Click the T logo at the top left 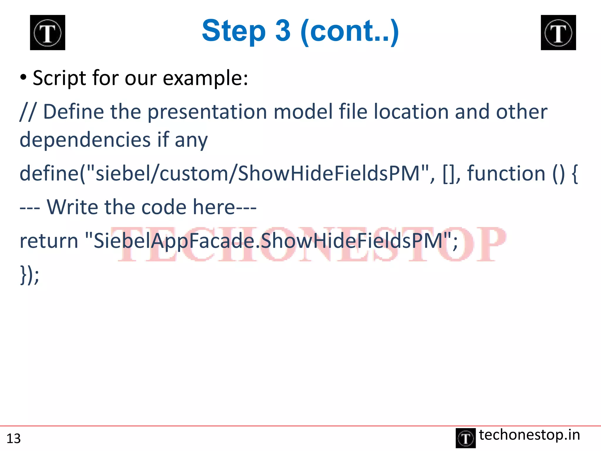[48, 33]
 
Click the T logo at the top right [558, 33]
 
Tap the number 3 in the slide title [283, 31]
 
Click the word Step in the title [234, 31]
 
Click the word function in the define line [506, 173]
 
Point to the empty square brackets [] [448, 174]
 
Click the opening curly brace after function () [575, 174]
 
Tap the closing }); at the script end [29, 275]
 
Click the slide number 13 [13, 438]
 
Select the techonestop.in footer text [529, 435]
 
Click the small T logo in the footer [465, 438]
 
